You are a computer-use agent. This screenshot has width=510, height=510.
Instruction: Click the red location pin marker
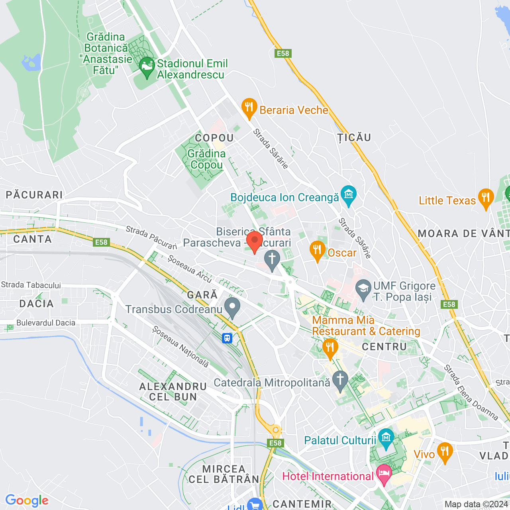(x=254, y=241)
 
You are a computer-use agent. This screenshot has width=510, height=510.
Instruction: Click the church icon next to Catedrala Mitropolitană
(x=340, y=381)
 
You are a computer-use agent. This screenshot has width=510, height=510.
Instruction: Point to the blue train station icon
(x=227, y=338)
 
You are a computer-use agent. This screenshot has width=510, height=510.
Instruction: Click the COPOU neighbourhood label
(x=214, y=138)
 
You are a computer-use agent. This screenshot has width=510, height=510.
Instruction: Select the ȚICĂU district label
(x=354, y=137)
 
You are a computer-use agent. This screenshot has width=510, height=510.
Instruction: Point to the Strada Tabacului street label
(x=31, y=285)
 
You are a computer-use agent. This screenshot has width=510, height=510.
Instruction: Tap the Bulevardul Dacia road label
(x=46, y=323)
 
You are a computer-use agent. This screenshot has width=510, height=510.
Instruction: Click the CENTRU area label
(x=384, y=347)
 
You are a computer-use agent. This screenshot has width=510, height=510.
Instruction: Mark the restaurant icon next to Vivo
(x=445, y=452)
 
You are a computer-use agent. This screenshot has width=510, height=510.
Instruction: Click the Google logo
(x=27, y=500)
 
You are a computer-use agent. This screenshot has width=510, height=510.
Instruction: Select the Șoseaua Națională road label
(x=180, y=347)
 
